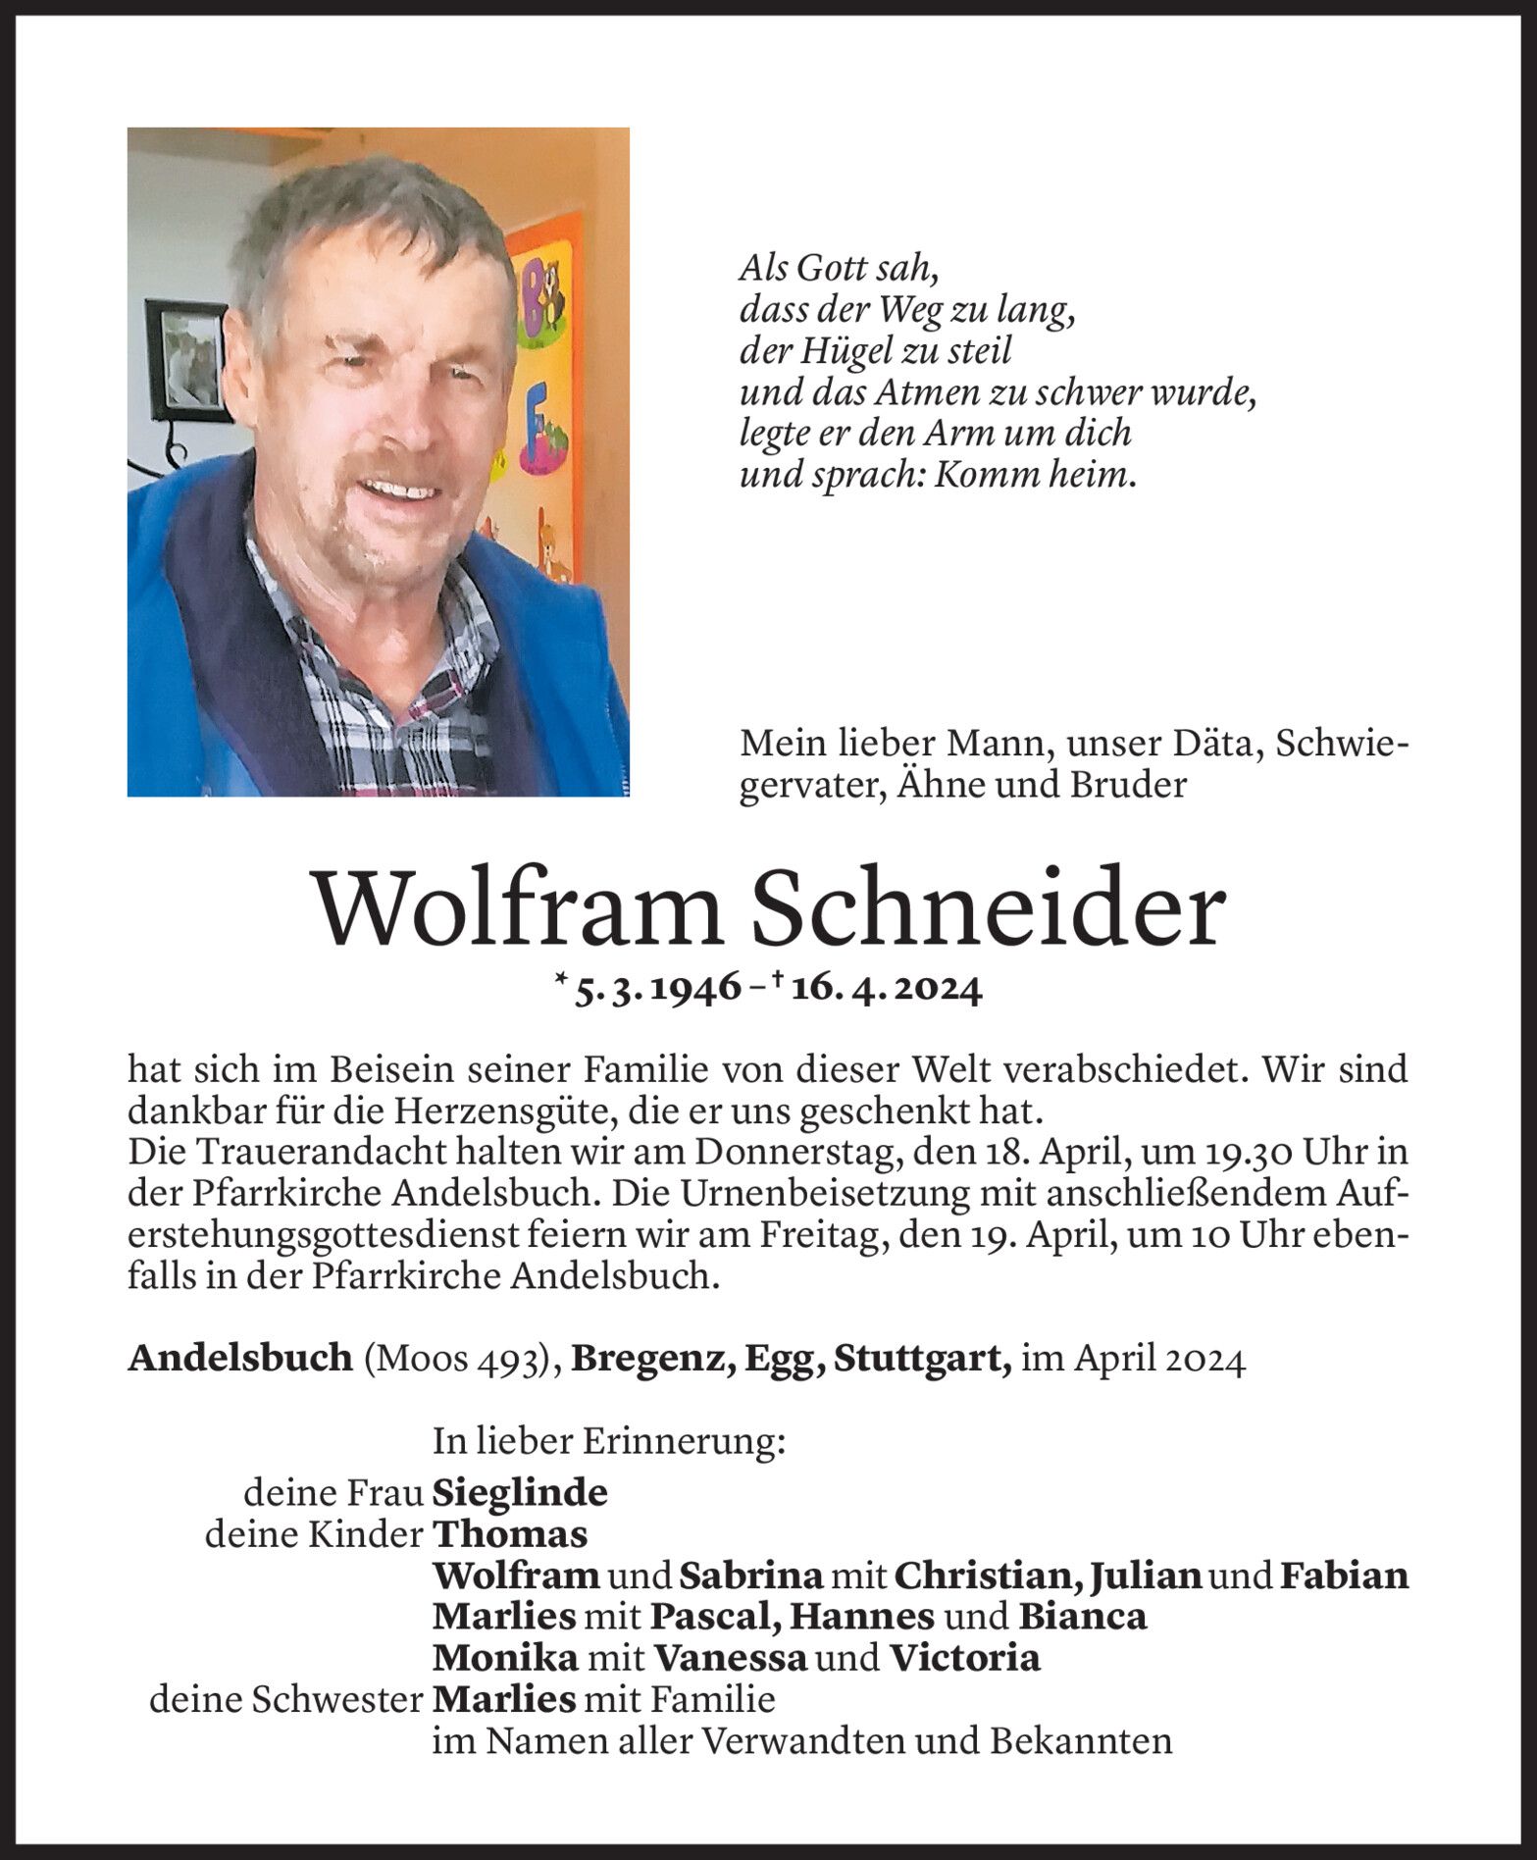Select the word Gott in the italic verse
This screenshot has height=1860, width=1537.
[830, 268]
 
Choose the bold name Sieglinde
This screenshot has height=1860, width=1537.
[520, 1493]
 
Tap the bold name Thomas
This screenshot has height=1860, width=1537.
[510, 1534]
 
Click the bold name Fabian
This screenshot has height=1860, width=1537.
[1345, 1576]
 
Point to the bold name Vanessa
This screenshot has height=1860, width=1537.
[731, 1658]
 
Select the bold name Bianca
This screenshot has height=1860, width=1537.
[1082, 1617]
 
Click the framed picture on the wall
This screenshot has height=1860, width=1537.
[187, 357]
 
